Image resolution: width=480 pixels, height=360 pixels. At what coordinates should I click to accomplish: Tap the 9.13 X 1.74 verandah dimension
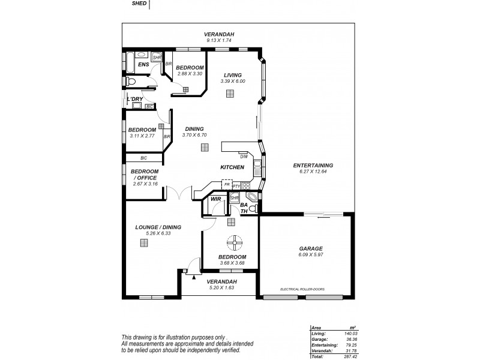[x=218, y=40]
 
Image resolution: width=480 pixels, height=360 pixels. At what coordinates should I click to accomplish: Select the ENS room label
[x=143, y=64]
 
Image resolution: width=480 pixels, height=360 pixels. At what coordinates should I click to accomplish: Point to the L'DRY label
[x=134, y=98]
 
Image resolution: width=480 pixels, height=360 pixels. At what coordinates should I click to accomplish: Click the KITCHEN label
[x=232, y=167]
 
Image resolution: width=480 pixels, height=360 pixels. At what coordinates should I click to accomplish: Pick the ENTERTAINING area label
[x=313, y=166]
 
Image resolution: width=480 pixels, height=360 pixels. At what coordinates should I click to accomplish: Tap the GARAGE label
[x=311, y=248]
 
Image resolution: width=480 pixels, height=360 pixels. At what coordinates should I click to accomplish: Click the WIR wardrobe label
[x=215, y=199]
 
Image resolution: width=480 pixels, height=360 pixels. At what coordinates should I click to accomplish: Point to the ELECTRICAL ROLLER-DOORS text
[x=302, y=289]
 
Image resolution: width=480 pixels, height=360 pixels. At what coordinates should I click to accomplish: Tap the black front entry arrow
[x=194, y=277]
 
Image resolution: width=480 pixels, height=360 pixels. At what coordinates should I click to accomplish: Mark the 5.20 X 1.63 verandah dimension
[x=221, y=287]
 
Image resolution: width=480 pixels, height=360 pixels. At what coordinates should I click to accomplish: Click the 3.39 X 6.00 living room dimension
[x=233, y=81]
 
